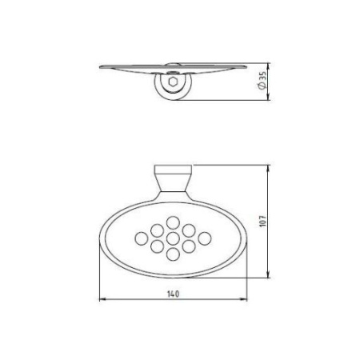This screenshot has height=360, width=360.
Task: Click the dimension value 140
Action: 174,294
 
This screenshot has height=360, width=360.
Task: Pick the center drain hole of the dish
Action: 173,237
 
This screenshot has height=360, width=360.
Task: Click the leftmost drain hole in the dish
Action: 141,237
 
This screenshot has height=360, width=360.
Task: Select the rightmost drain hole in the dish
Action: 206,237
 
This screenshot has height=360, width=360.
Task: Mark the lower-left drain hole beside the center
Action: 157,246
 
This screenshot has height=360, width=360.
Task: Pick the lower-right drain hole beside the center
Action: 190,246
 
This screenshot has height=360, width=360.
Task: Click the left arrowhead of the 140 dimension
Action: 101,300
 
